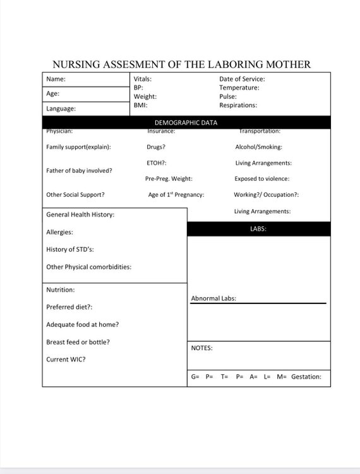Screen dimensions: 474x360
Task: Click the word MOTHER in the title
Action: click(284, 64)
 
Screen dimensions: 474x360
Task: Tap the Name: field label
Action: click(56, 80)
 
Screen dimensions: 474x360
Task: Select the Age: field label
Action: click(53, 94)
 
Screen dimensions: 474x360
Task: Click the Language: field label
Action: click(61, 109)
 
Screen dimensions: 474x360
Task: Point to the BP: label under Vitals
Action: click(138, 88)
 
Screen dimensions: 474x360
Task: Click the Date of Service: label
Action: click(242, 79)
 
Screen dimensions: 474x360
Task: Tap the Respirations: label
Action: click(238, 106)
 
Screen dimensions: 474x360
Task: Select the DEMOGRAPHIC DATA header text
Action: click(186, 123)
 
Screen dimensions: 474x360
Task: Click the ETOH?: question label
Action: click(157, 163)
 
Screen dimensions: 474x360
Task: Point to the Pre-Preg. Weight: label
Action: click(169, 179)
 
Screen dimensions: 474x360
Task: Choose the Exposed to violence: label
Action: click(262, 179)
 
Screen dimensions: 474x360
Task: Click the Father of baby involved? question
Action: click(79, 171)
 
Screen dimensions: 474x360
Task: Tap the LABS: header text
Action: click(258, 229)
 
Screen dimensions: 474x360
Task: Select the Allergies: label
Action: click(59, 233)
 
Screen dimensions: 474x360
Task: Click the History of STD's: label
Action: click(70, 250)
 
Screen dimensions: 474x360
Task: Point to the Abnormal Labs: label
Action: click(213, 298)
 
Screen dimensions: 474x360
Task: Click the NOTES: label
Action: click(201, 348)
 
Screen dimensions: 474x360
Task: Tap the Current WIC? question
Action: click(66, 360)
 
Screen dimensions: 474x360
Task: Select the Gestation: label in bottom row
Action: click(306, 377)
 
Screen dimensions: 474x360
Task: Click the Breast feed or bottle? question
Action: click(78, 342)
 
